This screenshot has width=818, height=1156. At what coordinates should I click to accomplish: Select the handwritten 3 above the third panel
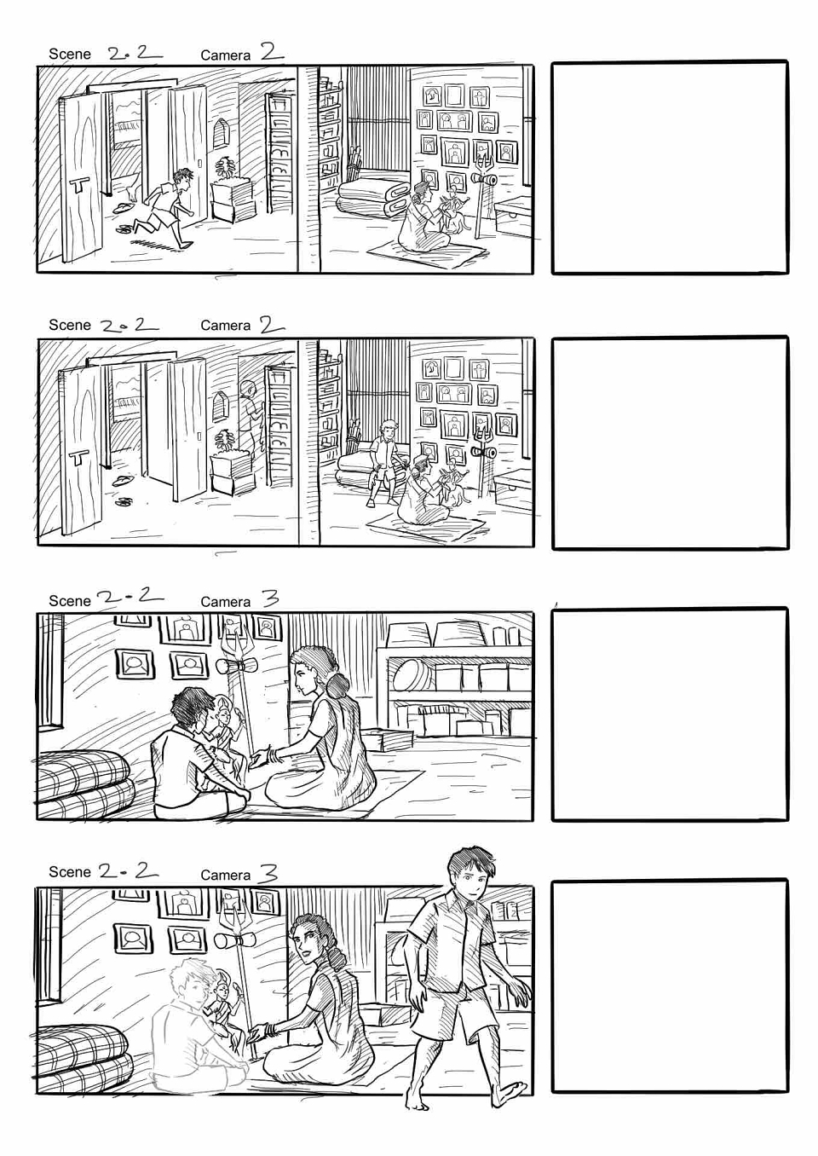pos(267,598)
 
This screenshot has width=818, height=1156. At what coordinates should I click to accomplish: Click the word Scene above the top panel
pos(70,55)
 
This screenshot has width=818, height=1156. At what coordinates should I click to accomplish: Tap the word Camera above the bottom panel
pos(226,875)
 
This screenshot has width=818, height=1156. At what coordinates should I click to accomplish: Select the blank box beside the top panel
pos(670,168)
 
